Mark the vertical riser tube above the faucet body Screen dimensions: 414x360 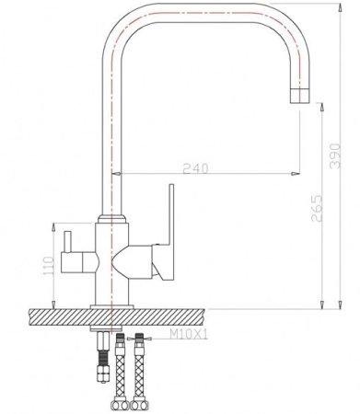tap(113, 138)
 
